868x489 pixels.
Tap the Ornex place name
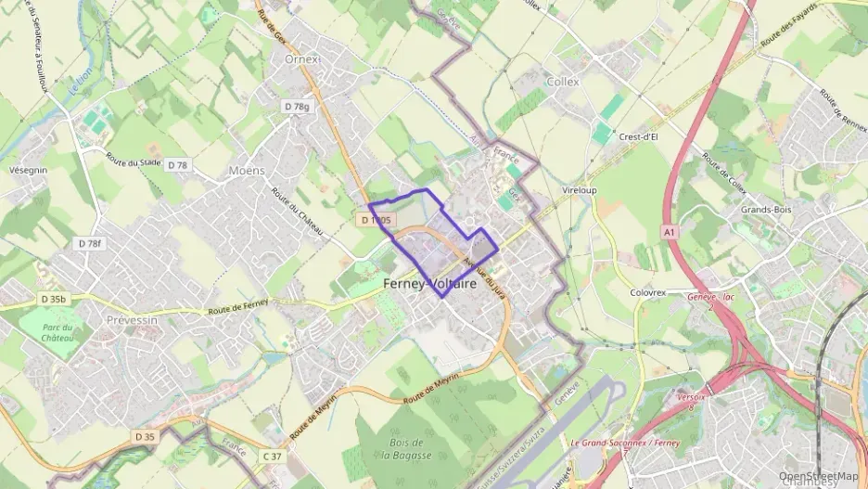302,58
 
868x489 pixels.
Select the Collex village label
563,82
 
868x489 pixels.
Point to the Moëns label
246,171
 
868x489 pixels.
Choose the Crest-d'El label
638,135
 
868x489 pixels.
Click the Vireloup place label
580,189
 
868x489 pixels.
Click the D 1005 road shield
377,220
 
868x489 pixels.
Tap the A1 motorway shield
670,230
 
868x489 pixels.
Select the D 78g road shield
296,107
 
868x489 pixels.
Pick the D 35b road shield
54,299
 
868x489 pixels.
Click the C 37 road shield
272,456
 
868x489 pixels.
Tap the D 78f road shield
89,243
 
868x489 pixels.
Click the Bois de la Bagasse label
407,448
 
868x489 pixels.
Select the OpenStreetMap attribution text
818,476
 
